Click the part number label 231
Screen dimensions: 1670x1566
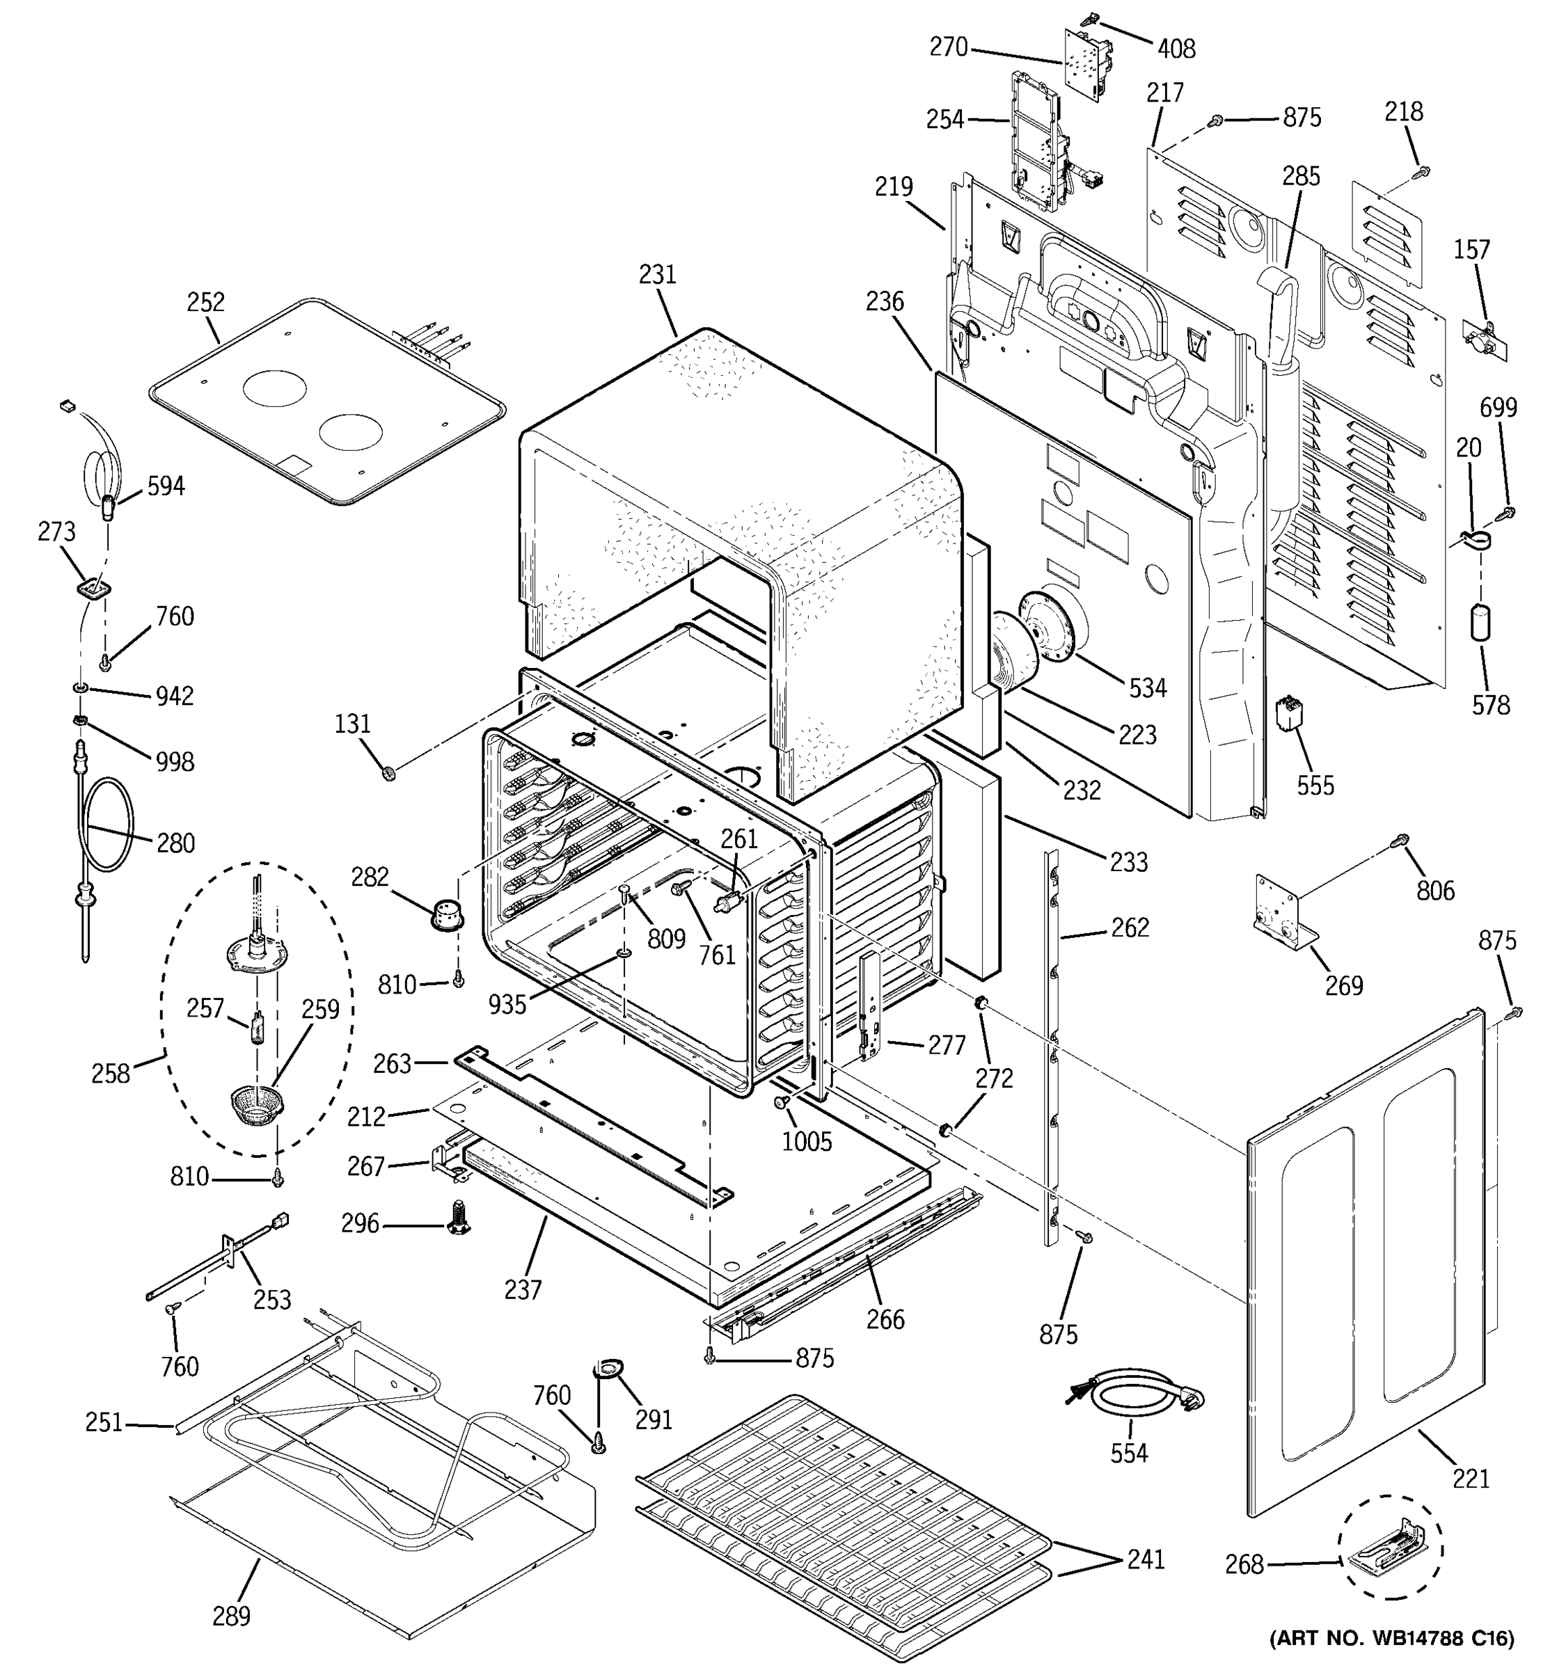pos(657,275)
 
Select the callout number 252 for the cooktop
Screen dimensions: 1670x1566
pos(206,303)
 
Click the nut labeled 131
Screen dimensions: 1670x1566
pos(388,772)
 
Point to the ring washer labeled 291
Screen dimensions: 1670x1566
pos(604,1371)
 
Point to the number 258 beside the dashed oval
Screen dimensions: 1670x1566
pos(110,1074)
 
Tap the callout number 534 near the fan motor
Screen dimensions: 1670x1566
pos(1148,688)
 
